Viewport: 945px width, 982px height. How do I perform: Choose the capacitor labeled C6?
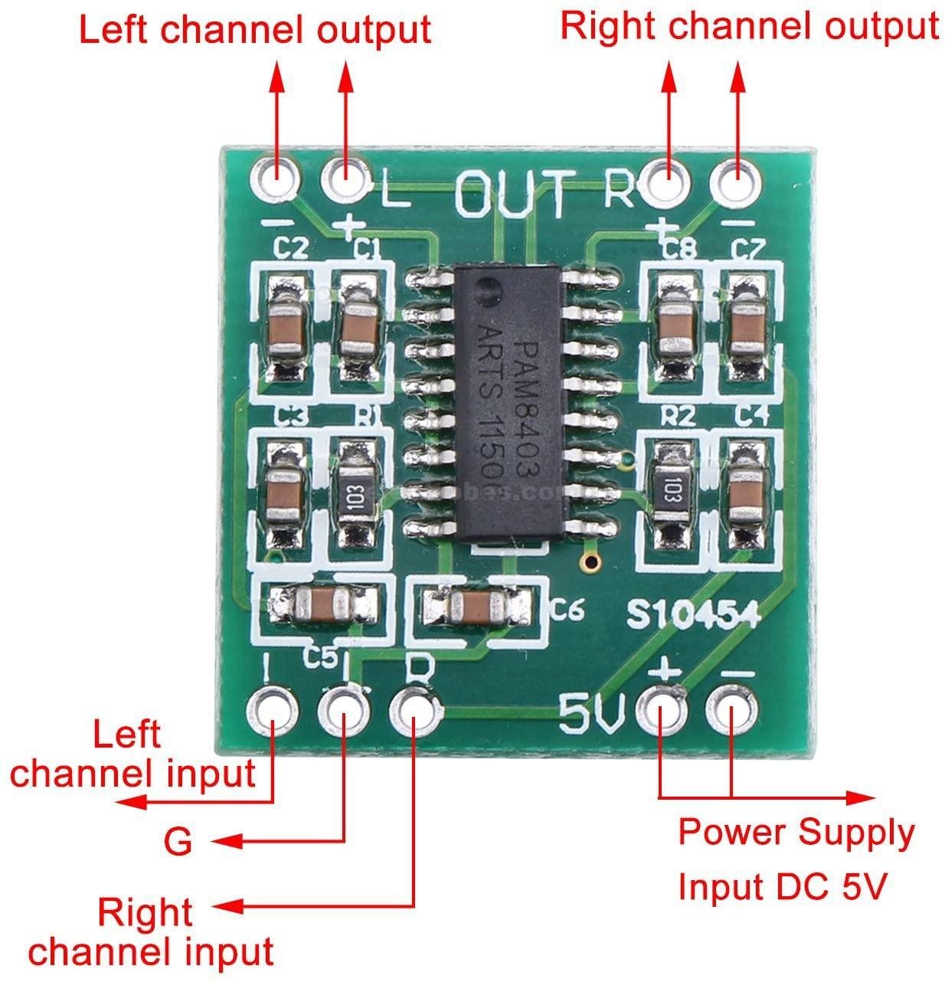pos(478,606)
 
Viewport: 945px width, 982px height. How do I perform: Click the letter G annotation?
pos(178,843)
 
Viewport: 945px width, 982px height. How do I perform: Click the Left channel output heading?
pos(256,31)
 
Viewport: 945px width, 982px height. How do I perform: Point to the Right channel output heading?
pos(750,26)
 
